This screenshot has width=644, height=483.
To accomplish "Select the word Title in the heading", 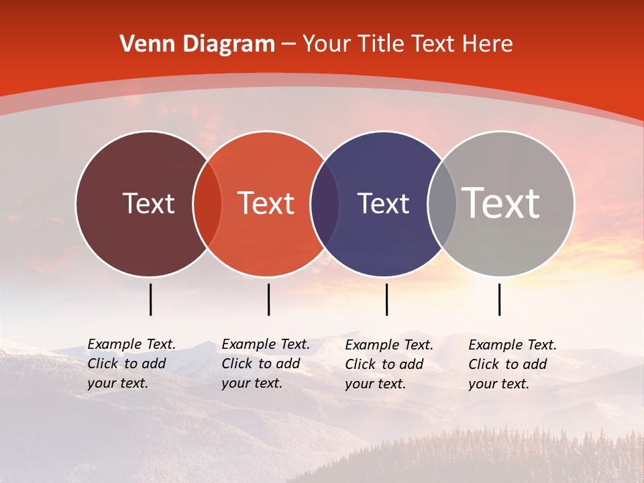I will pyautogui.click(x=382, y=44).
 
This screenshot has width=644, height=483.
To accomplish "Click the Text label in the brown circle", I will pyautogui.click(x=148, y=203).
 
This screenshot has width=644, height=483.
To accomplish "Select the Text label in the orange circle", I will pyautogui.click(x=266, y=203).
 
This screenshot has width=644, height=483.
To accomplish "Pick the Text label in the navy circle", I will pyautogui.click(x=383, y=203).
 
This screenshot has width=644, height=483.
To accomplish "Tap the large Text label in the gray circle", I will pyautogui.click(x=501, y=203).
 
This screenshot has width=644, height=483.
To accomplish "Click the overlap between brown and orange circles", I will pyautogui.click(x=207, y=204).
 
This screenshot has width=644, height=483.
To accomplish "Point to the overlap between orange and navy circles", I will pyautogui.click(x=325, y=204).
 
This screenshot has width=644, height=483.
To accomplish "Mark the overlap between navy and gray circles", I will pyautogui.click(x=442, y=204).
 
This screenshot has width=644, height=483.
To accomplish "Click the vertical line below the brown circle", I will pyautogui.click(x=150, y=299).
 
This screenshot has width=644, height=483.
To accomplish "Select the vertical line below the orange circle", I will pyautogui.click(x=268, y=299).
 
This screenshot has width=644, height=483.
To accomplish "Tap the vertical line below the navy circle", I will pyautogui.click(x=386, y=299).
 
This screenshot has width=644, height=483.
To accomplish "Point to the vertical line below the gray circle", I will pyautogui.click(x=499, y=299).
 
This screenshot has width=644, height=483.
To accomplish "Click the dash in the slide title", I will pyautogui.click(x=288, y=45).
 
